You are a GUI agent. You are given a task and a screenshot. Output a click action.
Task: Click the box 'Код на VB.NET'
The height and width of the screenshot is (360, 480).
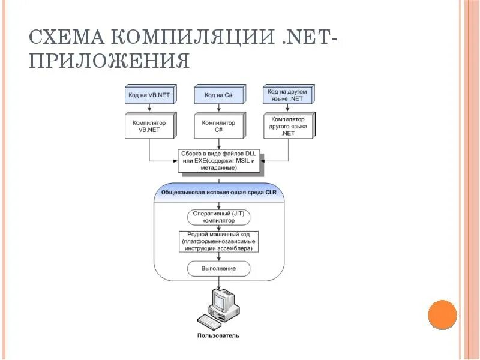pos(149,95)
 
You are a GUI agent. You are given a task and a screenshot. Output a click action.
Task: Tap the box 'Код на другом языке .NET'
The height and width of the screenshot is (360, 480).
pos(288,95)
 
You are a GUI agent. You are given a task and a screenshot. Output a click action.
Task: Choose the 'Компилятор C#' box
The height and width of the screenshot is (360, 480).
pos(218,127)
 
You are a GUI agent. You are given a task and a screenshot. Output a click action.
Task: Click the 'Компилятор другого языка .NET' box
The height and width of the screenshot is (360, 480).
pos(288,127)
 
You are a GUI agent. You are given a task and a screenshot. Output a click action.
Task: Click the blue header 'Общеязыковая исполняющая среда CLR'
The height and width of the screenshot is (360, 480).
pos(218,193)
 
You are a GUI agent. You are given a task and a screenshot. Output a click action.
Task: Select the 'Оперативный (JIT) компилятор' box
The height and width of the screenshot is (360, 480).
pos(218,217)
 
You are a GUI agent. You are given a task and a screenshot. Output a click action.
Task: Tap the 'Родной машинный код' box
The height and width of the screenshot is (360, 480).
pos(218,242)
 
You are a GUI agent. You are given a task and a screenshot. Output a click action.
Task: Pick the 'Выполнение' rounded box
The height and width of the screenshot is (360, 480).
pos(218,268)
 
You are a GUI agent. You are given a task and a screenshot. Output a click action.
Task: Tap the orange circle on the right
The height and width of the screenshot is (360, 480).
pos(443,314)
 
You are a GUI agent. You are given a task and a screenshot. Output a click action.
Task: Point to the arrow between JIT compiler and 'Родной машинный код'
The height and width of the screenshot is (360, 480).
pos(218,227)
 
